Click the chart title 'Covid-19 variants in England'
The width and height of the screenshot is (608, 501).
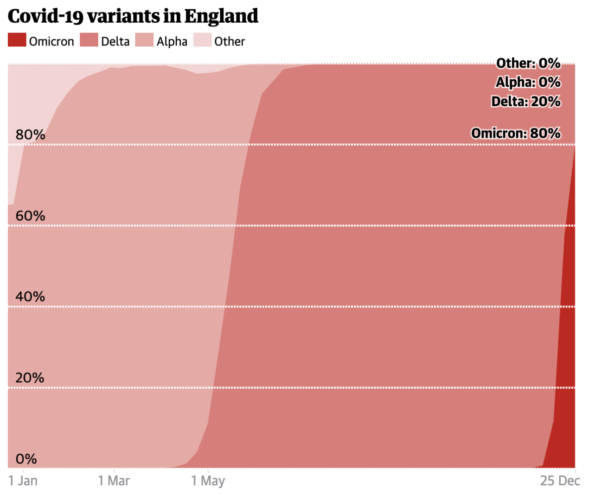coord(133,16)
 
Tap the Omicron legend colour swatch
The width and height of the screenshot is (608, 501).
coord(17,40)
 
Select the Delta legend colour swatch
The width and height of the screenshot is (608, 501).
coord(89,40)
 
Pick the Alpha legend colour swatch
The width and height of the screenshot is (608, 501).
coord(144,40)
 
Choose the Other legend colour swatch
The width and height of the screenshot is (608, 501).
coord(202,40)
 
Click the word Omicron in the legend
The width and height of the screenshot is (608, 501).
coord(51,42)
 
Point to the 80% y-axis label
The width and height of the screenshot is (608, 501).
coord(30,135)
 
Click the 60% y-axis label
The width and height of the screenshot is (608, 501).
coord(30,216)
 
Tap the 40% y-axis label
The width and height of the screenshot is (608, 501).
coord(30,297)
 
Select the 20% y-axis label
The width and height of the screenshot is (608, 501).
coord(30,378)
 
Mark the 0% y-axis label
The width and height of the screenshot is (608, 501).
coord(26,459)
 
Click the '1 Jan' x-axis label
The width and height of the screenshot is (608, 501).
coord(23,481)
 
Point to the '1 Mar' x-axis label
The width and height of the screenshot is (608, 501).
coord(114,481)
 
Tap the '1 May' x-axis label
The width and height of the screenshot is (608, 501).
coord(208,481)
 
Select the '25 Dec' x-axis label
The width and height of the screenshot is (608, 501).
coord(560,481)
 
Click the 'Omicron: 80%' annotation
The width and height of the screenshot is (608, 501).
coord(516,134)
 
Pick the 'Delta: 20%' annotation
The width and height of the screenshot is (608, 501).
coord(526,102)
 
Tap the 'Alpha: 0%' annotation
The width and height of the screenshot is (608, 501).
coord(528,83)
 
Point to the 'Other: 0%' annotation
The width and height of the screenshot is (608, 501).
coord(528,64)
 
